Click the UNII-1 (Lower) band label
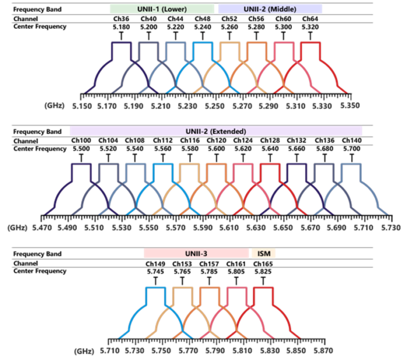pyautogui.click(x=163, y=9)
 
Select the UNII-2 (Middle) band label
pyautogui.click(x=270, y=9)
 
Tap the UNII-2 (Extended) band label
pyautogui.click(x=216, y=131)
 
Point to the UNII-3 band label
pyautogui.click(x=197, y=253)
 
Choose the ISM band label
pyautogui.click(x=263, y=253)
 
